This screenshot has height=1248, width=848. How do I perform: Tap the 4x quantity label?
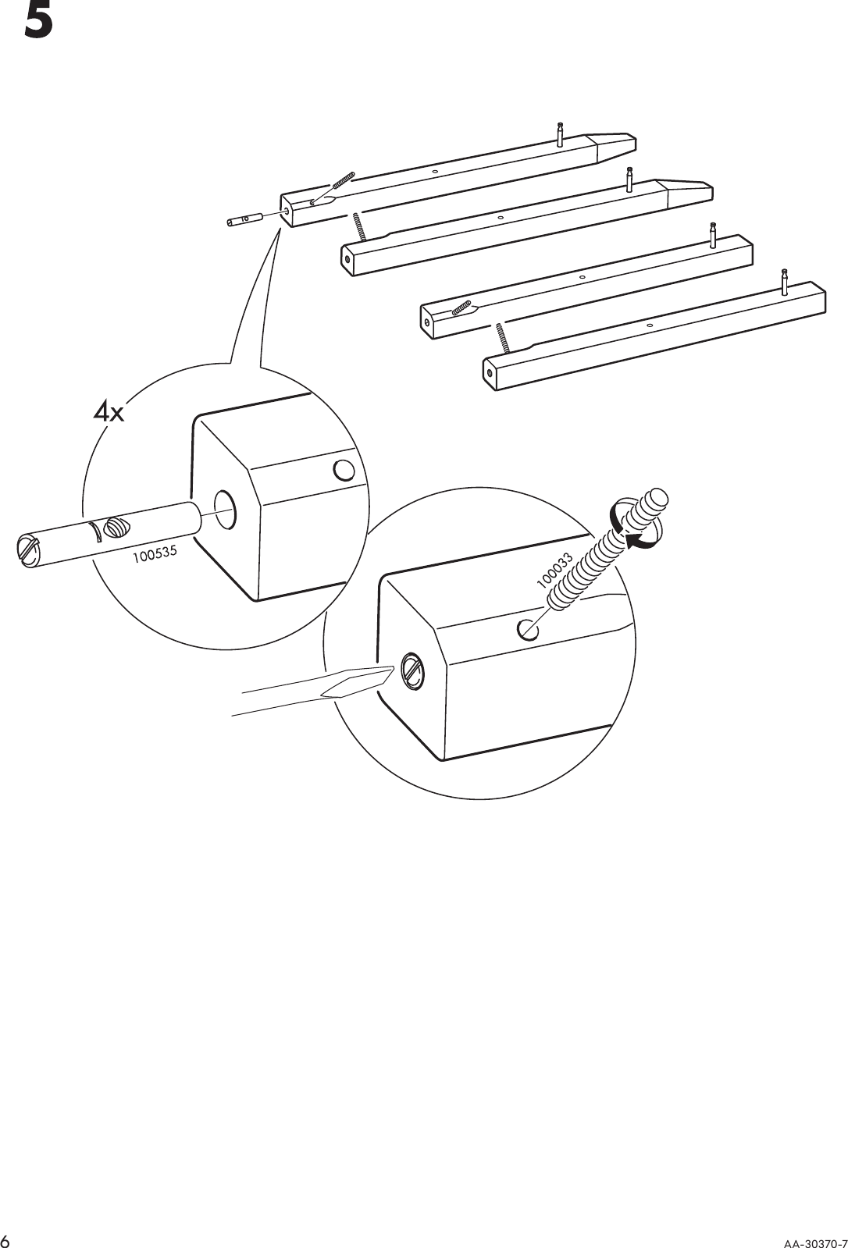tap(109, 411)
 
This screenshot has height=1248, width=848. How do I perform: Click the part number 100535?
tap(155, 555)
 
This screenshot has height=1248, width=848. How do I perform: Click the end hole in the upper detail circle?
tap(225, 505)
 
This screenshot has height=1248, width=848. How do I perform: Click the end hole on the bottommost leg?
tap(490, 373)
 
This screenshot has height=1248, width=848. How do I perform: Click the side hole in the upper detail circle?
tap(343, 470)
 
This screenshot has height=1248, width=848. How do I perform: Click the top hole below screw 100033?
tap(528, 628)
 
